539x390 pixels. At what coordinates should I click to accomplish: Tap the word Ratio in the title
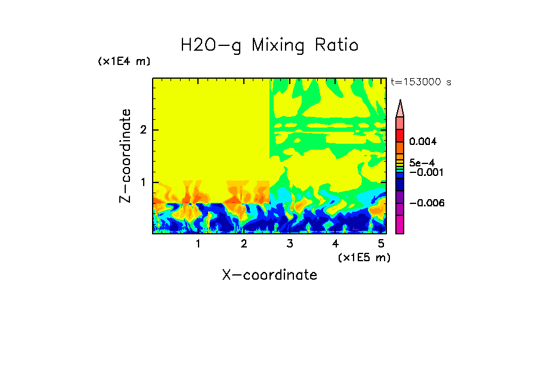pyautogui.click(x=337, y=45)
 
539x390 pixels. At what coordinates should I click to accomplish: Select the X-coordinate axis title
pyautogui.click(x=269, y=275)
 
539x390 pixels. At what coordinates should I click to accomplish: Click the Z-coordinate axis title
pyautogui.click(x=125, y=156)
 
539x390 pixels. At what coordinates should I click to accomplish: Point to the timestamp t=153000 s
pyautogui.click(x=420, y=82)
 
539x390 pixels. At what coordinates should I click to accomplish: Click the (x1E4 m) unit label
pyautogui.click(x=124, y=61)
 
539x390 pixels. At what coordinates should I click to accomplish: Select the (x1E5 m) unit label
pyautogui.click(x=364, y=257)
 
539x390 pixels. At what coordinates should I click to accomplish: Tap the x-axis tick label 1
pyautogui.click(x=199, y=243)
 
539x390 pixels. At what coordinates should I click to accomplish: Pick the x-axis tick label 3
pyautogui.click(x=290, y=243)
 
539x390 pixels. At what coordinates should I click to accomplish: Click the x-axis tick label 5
pyautogui.click(x=381, y=243)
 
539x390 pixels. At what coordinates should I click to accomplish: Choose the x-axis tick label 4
pyautogui.click(x=335, y=243)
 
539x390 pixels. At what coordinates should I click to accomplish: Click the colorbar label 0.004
pyautogui.click(x=423, y=142)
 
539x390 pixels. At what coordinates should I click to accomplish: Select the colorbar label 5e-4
pyautogui.click(x=422, y=162)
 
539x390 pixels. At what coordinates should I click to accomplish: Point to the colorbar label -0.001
pyautogui.click(x=425, y=172)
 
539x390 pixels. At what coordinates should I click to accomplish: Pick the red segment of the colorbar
pyautogui.click(x=400, y=135)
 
